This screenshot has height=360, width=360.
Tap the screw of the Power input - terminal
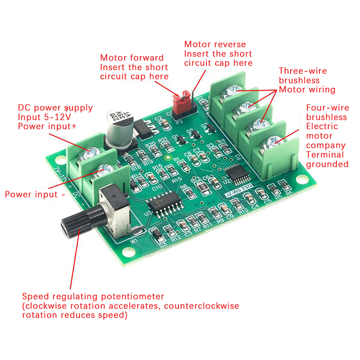tap(107, 170)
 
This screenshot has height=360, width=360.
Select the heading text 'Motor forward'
tap(132, 58)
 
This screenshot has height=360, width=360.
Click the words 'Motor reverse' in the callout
tap(215, 44)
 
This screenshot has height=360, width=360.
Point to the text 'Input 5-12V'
tap(44, 117)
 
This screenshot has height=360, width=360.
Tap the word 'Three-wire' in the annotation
tap(303, 71)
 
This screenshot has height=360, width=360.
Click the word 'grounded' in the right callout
tap(327, 164)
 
